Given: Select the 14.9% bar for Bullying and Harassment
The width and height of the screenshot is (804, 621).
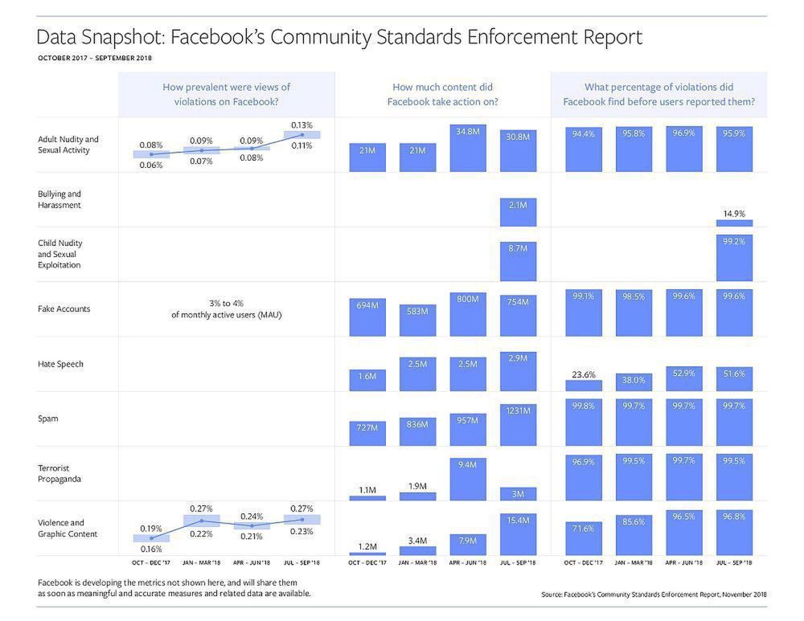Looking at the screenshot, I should click(734, 223).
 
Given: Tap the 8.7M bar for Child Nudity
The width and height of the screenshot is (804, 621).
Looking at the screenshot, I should click(518, 261).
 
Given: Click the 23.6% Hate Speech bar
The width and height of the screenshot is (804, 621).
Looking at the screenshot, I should click(584, 386).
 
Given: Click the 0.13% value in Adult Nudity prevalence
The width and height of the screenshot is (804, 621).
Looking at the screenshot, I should click(302, 125).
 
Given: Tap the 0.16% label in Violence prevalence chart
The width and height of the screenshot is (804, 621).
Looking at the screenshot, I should click(151, 550).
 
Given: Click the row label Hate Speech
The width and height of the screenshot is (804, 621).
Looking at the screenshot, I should click(60, 364).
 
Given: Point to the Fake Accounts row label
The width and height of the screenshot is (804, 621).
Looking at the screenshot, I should click(64, 309).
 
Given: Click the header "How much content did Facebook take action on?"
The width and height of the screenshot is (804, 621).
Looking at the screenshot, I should click(442, 94).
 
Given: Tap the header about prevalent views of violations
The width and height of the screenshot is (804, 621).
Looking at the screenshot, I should click(227, 94).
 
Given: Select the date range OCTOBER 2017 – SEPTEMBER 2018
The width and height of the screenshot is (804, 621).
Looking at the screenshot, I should click(95, 58).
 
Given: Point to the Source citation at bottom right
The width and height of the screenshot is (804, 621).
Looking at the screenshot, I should click(654, 594).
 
